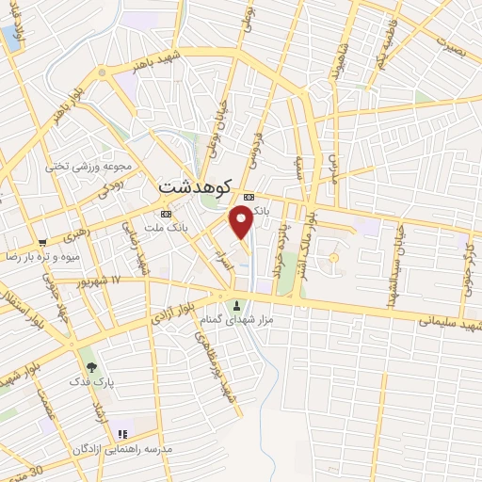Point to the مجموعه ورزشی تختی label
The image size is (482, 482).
pyautogui.click(x=89, y=167)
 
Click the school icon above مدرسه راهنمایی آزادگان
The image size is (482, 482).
pyautogui.click(x=121, y=435)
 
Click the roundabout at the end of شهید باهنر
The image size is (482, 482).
pyautogui.click(x=102, y=72)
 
